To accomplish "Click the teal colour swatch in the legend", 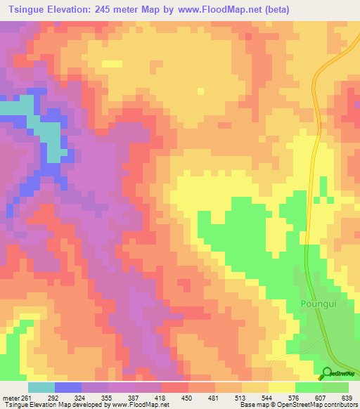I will pos(41,387).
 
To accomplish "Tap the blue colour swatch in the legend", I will pos(68,387).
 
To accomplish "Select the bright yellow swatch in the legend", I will pos(281,387).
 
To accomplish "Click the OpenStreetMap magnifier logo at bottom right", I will pos(326,372).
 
